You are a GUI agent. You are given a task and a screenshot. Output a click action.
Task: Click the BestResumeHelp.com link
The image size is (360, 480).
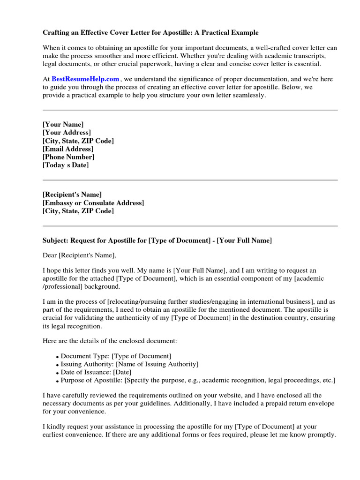click(85, 79)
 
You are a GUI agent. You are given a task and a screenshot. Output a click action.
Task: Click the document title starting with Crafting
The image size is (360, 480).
click(150, 33)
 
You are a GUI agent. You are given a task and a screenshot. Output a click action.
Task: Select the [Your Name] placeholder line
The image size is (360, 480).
click(63, 124)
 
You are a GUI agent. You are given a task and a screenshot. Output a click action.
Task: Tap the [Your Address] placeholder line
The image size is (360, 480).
click(67, 133)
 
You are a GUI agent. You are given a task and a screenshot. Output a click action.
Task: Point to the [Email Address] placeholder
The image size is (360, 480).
click(68, 149)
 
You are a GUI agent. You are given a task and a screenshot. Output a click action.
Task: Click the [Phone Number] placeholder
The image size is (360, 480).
click(68, 157)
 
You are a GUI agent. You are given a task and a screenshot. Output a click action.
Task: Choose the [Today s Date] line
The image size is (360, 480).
click(66, 165)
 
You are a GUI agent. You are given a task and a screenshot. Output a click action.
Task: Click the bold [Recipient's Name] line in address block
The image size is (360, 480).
click(72, 195)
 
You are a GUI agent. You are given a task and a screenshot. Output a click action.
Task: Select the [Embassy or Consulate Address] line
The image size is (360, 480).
click(93, 203)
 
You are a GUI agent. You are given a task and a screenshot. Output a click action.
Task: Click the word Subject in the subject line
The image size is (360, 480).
click(55, 240)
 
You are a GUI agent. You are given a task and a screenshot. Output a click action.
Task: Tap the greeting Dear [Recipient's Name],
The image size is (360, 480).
click(79, 255)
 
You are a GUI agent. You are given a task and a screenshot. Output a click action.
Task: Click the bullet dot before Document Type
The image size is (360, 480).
click(58, 356)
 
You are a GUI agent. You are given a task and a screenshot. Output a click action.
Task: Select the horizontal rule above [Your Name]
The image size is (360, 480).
click(190, 111)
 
